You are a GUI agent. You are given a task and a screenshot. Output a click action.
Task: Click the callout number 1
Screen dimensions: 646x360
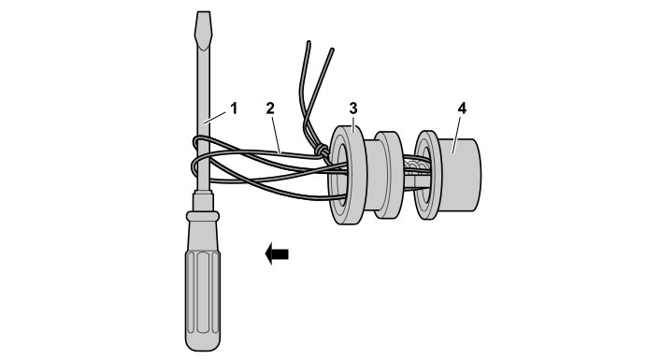tap(234, 108)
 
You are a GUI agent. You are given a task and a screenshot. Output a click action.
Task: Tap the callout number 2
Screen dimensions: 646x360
tap(270, 108)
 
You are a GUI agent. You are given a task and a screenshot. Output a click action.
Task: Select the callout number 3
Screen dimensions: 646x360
tap(353, 108)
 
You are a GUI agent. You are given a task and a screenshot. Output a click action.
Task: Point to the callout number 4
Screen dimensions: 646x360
tap(462, 108)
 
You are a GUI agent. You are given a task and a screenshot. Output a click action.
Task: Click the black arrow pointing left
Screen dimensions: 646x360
tap(277, 253)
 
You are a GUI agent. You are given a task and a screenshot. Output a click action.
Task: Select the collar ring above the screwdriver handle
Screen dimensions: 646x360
tap(203, 216)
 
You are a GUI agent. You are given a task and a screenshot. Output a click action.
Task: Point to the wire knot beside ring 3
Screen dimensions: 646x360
tap(322, 151)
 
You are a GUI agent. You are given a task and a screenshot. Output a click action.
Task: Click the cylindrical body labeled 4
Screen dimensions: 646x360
tap(459, 175)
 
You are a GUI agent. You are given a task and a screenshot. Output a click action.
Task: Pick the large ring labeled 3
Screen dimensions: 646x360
tap(347, 175)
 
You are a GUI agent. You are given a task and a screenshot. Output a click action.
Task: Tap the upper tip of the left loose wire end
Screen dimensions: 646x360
tap(308, 42)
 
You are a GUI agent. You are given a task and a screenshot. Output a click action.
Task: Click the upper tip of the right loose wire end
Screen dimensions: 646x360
tap(332, 50)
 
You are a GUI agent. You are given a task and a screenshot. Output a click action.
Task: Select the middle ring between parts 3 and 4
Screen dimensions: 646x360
tap(388, 175)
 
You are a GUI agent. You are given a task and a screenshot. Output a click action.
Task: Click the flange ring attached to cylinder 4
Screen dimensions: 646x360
tap(427, 175)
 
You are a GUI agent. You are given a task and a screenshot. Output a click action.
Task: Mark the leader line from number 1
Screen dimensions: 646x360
tap(215, 118)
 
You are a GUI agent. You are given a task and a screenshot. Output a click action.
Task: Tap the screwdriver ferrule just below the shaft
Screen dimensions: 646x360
tap(203, 201)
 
